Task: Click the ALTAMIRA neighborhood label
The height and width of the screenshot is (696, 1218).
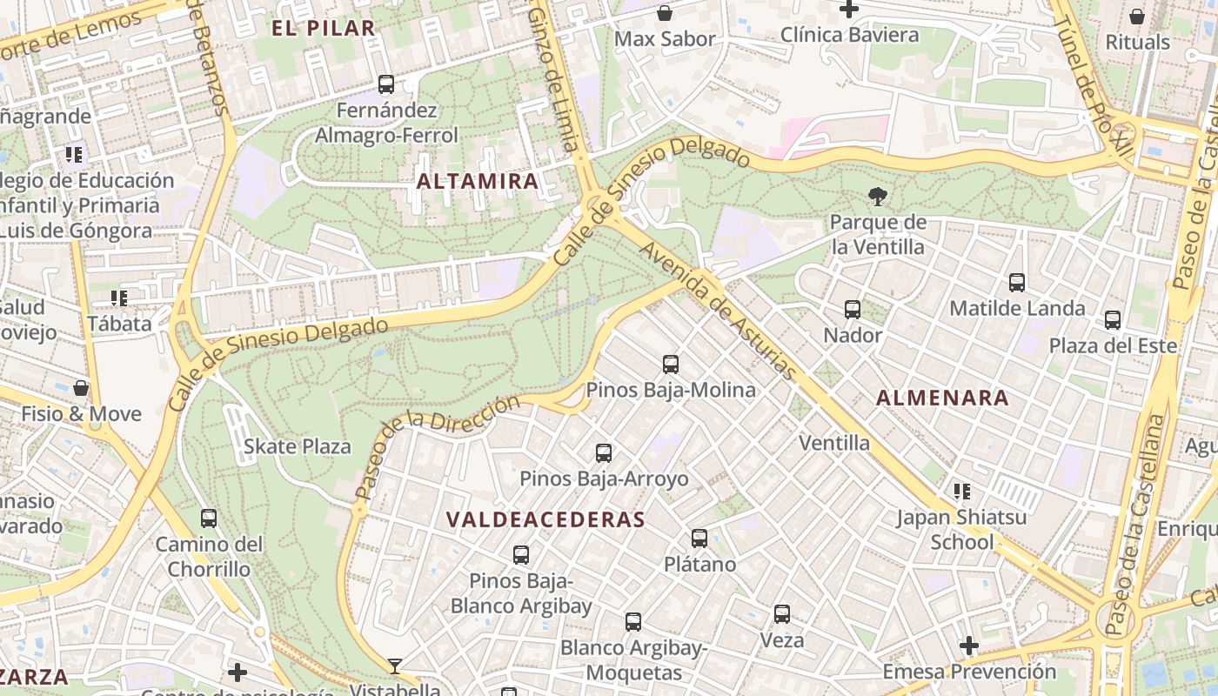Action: pyautogui.click(x=478, y=181)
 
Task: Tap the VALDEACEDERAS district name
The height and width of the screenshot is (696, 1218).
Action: pyautogui.click(x=545, y=520)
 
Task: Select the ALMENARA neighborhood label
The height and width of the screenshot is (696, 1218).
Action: pyautogui.click(x=942, y=398)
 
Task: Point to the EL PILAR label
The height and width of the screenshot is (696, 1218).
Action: pyautogui.click(x=323, y=28)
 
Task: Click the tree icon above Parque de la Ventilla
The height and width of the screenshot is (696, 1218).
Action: pyautogui.click(x=877, y=197)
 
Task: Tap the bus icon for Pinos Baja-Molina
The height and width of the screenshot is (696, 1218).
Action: pyautogui.click(x=670, y=365)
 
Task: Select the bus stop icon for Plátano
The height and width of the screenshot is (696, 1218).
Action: pyautogui.click(x=699, y=539)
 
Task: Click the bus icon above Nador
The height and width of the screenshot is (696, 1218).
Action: pyautogui.click(x=853, y=310)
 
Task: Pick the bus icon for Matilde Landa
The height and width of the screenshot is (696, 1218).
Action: pyautogui.click(x=1016, y=283)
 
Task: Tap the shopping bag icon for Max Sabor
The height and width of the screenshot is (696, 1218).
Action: pyautogui.click(x=665, y=13)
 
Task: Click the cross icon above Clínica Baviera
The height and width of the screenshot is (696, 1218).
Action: pyautogui.click(x=849, y=10)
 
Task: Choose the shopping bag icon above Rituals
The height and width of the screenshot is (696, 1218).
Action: pyautogui.click(x=1137, y=17)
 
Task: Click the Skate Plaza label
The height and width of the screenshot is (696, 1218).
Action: pyautogui.click(x=297, y=447)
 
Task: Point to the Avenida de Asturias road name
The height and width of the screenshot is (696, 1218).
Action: pyautogui.click(x=718, y=311)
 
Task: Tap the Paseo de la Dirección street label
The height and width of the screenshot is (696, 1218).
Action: pyautogui.click(x=438, y=447)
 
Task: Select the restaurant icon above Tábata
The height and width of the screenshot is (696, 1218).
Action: pyautogui.click(x=119, y=298)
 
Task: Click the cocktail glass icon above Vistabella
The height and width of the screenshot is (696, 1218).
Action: pyautogui.click(x=395, y=666)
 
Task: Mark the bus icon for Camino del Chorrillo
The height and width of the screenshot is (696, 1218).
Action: pyautogui.click(x=209, y=519)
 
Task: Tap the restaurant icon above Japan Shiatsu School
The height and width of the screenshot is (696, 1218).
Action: pyautogui.click(x=961, y=492)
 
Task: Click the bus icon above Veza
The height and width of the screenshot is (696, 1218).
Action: pyautogui.click(x=782, y=614)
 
